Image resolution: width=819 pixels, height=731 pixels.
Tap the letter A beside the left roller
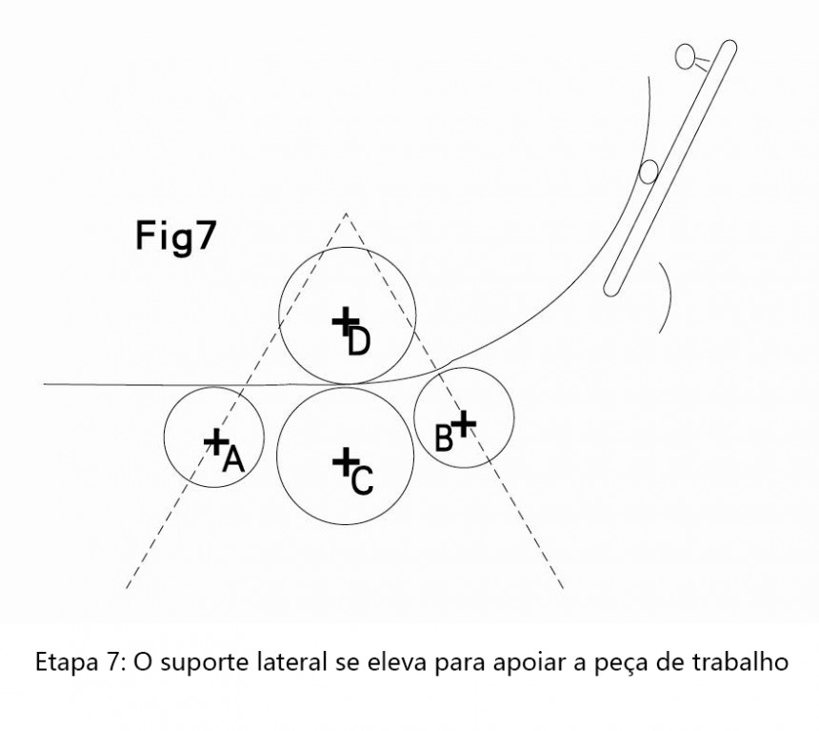click(x=233, y=460)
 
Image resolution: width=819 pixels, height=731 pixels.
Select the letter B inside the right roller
click(x=444, y=438)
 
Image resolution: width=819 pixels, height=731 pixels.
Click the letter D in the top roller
click(x=359, y=342)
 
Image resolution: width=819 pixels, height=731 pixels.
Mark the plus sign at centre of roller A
click(x=215, y=442)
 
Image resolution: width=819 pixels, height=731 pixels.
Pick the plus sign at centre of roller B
click(x=464, y=423)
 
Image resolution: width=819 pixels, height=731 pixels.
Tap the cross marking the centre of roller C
click(x=345, y=461)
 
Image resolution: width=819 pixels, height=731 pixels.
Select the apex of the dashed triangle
click(x=346, y=213)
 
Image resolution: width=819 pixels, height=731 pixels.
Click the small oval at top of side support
click(x=685, y=56)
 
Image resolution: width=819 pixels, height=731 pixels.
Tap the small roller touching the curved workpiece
click(x=649, y=173)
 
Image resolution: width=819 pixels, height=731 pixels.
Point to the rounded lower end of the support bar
click(x=611, y=289)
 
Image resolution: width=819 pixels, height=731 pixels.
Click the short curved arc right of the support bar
click(x=667, y=297)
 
